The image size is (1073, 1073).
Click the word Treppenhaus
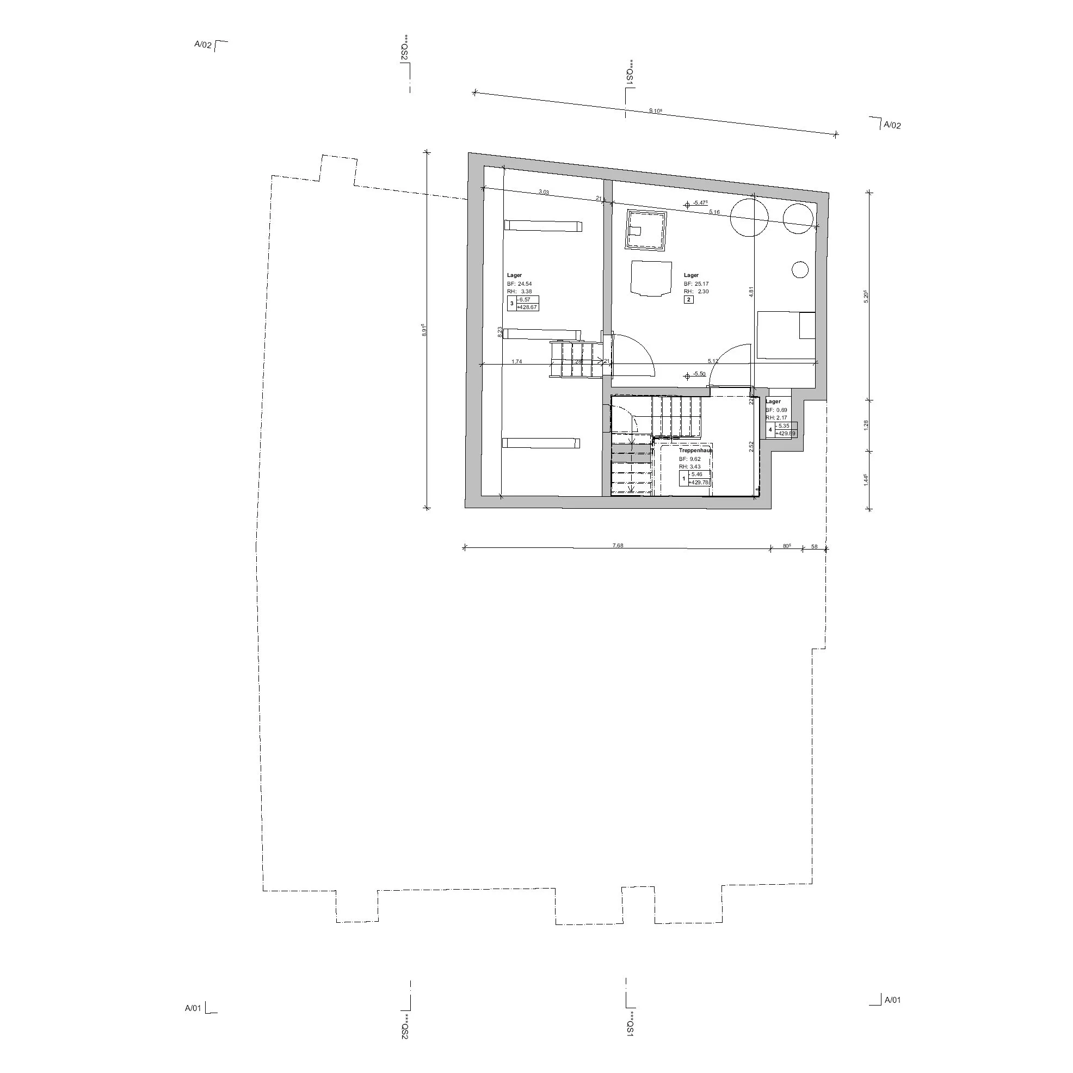pos(695,451)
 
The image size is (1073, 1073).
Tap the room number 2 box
pos(689,300)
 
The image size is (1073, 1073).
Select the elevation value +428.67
pos(527,307)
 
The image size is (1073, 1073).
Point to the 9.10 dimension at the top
pos(655,110)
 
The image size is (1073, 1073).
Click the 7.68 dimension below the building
pos(618,545)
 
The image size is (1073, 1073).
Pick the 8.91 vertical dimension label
pos(424,330)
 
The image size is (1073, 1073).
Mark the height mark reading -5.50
pos(699,374)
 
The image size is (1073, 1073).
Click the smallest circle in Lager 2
pos(800,269)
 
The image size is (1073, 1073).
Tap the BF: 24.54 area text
pos(519,284)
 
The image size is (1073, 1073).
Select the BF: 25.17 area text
pos(696,284)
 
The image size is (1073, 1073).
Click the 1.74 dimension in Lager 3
pos(516,361)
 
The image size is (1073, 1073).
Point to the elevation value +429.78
pos(699,482)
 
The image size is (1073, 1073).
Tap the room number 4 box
pos(770,429)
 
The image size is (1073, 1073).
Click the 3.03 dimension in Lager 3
pos(544,192)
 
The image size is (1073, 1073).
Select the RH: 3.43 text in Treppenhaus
pos(689,466)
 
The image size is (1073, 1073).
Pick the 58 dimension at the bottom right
pos(814,546)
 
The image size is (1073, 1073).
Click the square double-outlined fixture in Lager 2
pos(646,231)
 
